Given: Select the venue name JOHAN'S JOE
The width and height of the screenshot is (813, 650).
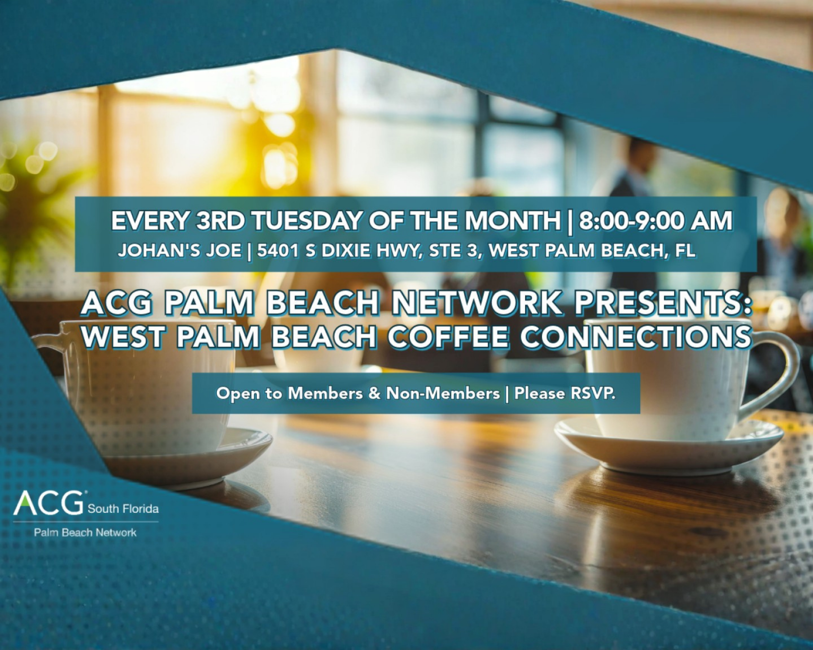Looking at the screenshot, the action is coord(180,250).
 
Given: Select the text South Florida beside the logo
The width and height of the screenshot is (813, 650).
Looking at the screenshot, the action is coord(123,509).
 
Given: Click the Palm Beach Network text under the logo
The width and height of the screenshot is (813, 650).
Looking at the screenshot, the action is coord(85,532).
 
